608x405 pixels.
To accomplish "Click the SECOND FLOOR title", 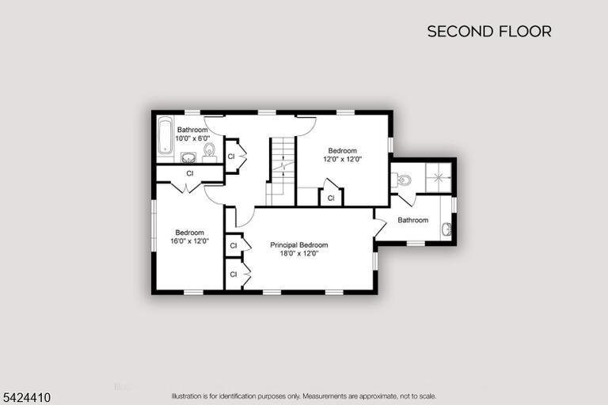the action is (489, 32).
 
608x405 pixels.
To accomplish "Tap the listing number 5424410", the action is (26, 398).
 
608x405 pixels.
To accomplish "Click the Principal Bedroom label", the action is (299, 245).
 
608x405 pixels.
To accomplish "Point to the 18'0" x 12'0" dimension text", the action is (299, 253).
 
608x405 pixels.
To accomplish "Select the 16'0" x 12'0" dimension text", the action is (190, 241).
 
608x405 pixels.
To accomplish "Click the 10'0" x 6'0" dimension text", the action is (192, 138).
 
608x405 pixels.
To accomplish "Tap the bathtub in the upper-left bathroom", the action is (165, 135).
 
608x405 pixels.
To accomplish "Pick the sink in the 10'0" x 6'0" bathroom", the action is (188, 157).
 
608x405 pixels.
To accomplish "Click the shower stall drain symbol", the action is (439, 177).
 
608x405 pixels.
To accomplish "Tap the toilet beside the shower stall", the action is (401, 180).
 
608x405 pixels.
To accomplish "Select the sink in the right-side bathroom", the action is (446, 229).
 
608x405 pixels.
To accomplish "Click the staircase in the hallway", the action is (281, 171).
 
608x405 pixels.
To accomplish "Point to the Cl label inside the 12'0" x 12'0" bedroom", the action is (331, 199).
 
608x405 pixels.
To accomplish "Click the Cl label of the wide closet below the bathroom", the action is (190, 173).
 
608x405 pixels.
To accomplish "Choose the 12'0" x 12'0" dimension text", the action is (343, 159).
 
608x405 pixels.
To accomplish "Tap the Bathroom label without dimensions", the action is (413, 220).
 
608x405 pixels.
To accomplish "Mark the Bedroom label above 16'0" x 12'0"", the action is (190, 233).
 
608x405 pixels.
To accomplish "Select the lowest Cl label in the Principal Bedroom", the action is (234, 274).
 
